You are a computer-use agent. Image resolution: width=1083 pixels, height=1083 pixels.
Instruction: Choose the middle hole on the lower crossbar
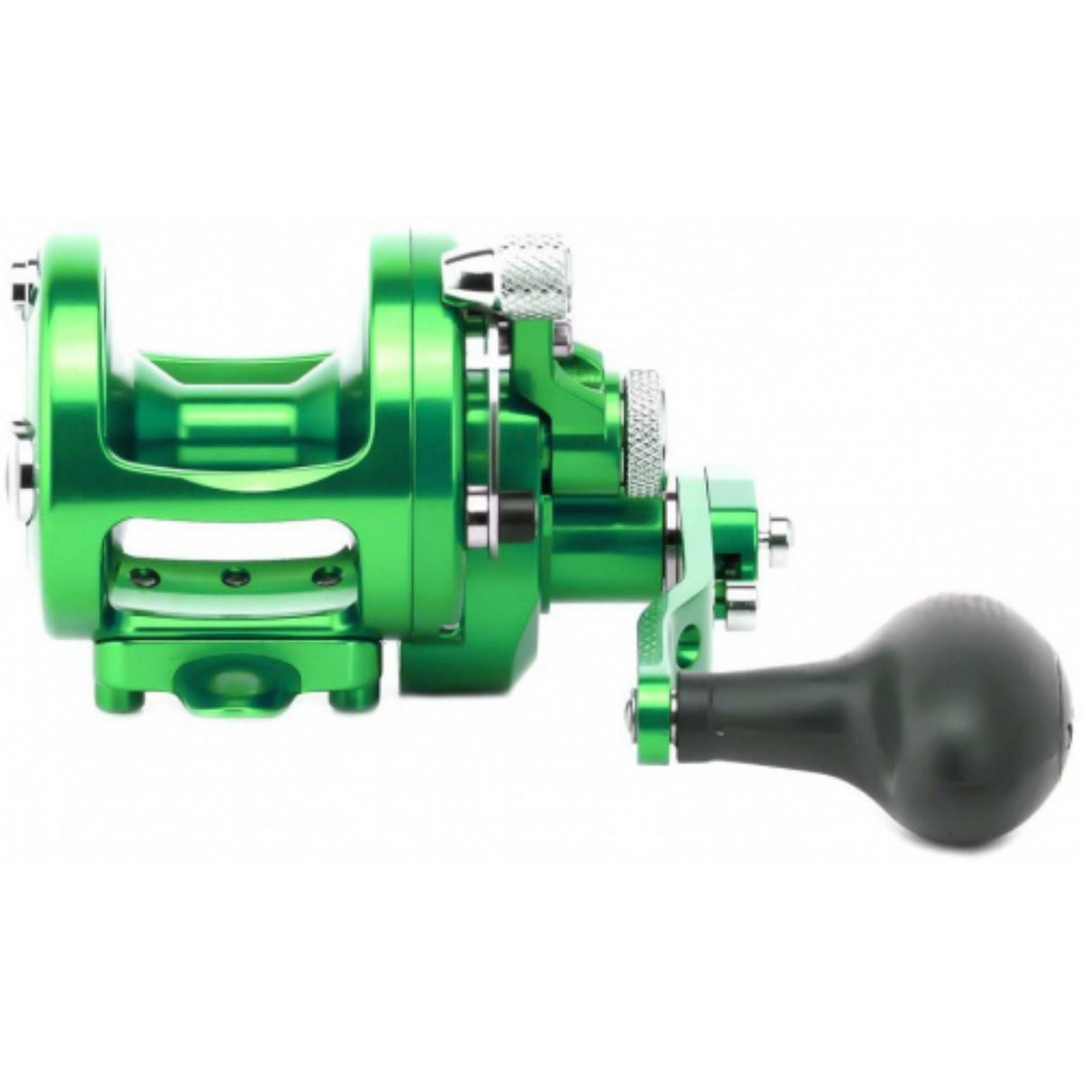(237, 574)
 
